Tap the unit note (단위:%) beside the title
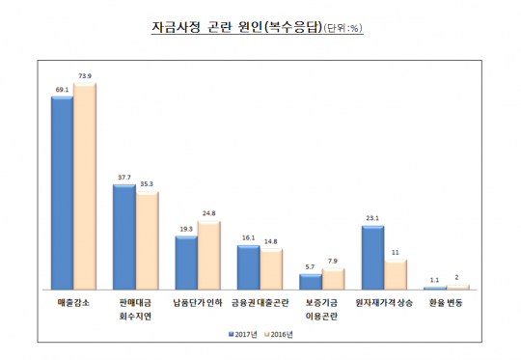(x=342, y=29)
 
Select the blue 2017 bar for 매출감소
(x=63, y=192)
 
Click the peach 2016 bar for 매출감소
(x=86, y=187)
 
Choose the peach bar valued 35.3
(x=148, y=241)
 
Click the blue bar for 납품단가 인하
(x=186, y=262)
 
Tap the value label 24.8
(x=209, y=212)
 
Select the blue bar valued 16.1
(x=248, y=266)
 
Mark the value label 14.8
(x=271, y=241)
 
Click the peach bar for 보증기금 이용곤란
(x=332, y=279)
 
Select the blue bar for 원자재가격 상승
(x=372, y=257)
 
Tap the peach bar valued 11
(x=396, y=275)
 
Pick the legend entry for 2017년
(x=244, y=334)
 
